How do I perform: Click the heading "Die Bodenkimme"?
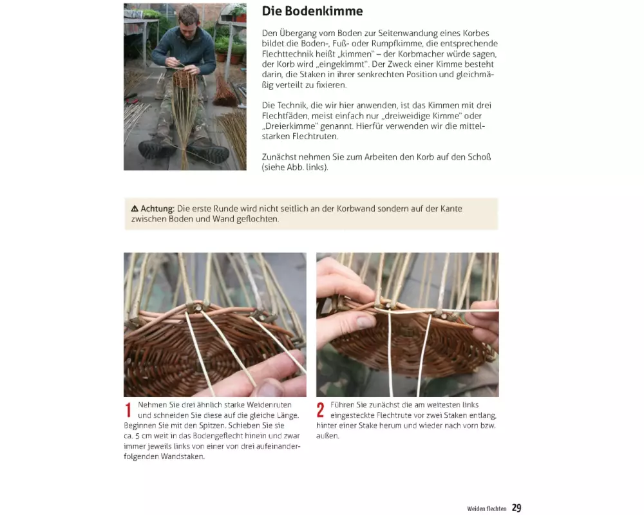pos(312,11)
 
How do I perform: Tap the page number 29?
pos(516,508)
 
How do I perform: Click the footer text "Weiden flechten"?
pos(487,509)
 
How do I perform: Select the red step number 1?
pos(128,410)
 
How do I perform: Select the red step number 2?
pos(320,410)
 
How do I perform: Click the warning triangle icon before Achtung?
pos(135,209)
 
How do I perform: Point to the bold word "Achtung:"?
pos(158,209)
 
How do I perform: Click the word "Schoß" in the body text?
pos(479,157)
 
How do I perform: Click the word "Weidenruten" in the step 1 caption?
pos(269,405)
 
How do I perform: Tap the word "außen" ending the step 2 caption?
pos(328,436)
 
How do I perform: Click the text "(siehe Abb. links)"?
pos(295,167)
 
